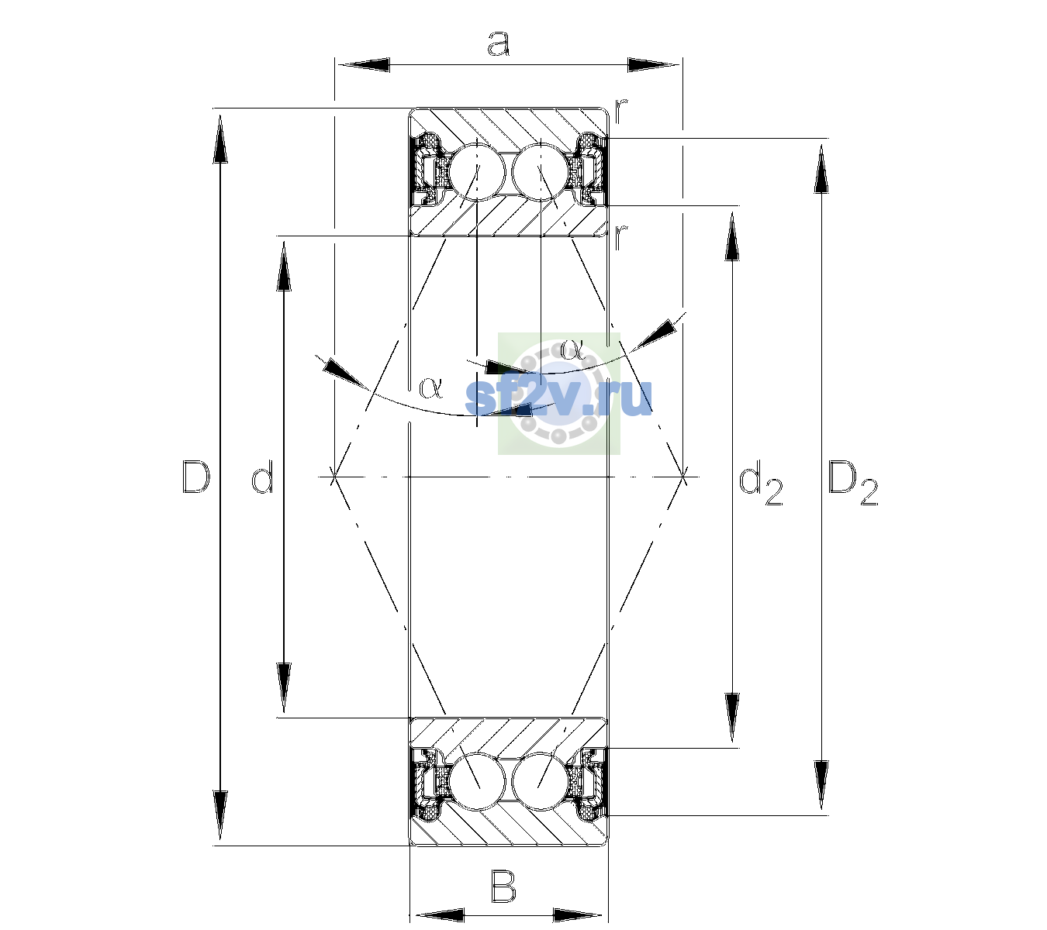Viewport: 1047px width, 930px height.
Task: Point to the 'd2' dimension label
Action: pyautogui.click(x=761, y=485)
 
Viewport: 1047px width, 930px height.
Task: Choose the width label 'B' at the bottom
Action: pyautogui.click(x=503, y=886)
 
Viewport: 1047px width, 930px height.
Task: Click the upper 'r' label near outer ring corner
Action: pyautogui.click(x=620, y=110)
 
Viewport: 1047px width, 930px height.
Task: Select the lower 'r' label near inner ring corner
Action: pyautogui.click(x=620, y=237)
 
